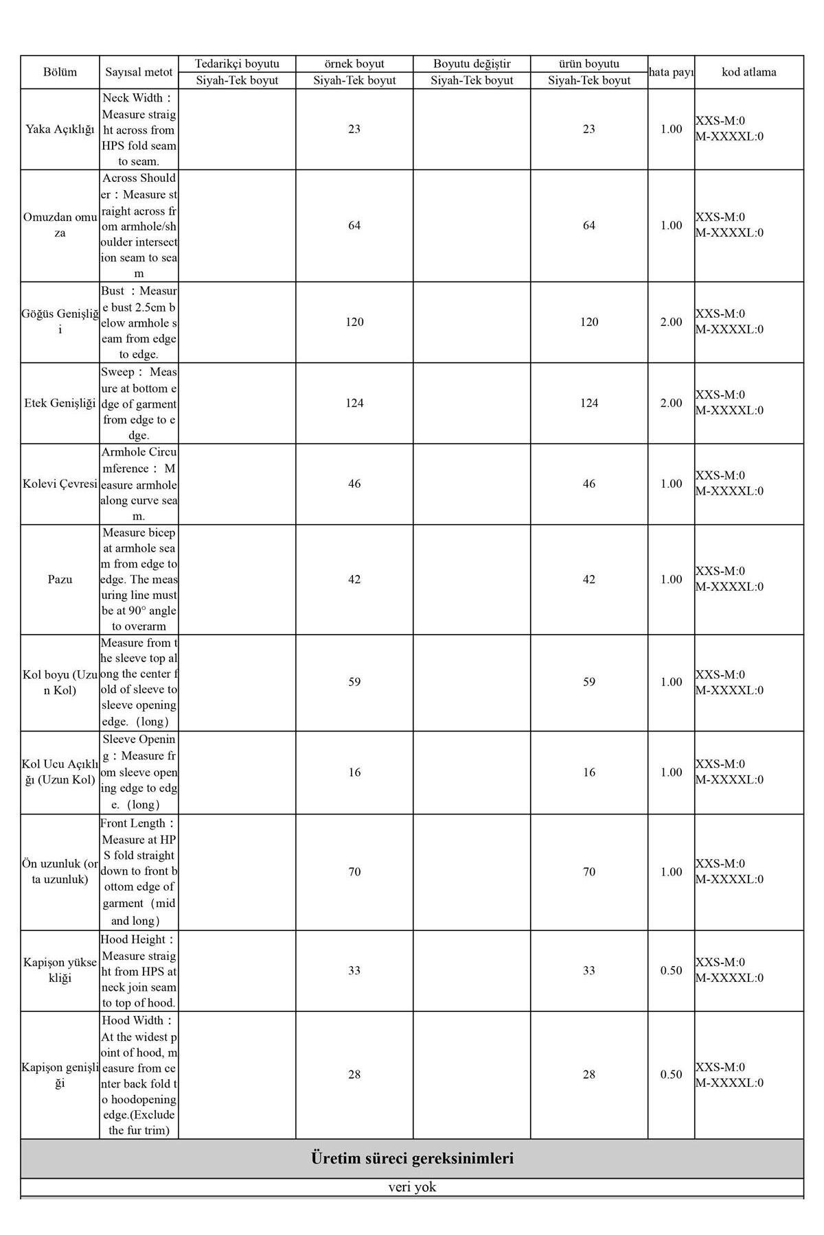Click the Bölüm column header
[60, 72]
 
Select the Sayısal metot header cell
[139, 72]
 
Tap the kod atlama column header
[748, 72]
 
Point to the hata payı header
[671, 72]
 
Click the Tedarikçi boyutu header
[237, 64]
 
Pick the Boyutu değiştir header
[472, 64]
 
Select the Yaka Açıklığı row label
[60, 129]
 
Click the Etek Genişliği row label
[60, 403]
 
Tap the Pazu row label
[60, 579]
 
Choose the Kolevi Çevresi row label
[60, 484]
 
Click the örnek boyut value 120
[354, 322]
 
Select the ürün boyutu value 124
[588, 403]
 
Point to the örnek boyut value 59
[354, 682]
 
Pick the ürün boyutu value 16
[588, 773]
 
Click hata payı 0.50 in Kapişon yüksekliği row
[671, 970]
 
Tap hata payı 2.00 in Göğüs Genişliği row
[671, 322]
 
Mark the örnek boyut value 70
[354, 872]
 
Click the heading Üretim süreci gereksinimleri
[412, 1159]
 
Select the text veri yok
[412, 1187]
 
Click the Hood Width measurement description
[139, 1075]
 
